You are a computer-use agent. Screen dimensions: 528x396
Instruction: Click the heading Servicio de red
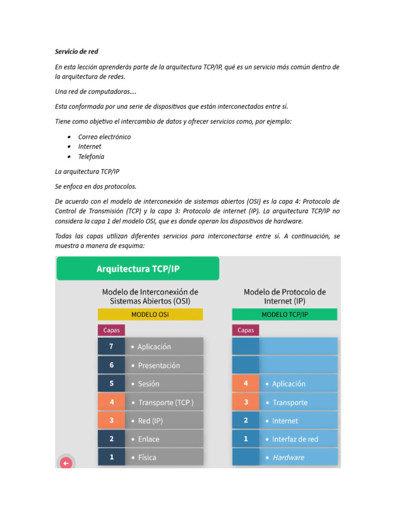pos(76,52)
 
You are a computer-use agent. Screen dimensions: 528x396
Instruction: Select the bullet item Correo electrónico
pos(104,137)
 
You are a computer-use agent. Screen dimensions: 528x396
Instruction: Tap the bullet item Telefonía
pos(91,156)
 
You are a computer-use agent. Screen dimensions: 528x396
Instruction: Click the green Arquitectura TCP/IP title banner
pos(138,269)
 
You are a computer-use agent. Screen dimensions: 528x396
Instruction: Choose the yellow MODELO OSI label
pos(150,315)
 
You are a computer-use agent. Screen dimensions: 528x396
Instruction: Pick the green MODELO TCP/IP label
pos(285,315)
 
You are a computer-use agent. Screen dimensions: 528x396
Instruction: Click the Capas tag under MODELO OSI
pos(111,330)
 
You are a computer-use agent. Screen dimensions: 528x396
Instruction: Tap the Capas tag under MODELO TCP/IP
pos(245,330)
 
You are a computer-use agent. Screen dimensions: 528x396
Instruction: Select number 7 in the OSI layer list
pos(111,346)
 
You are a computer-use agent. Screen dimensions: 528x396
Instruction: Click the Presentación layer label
pos(159,365)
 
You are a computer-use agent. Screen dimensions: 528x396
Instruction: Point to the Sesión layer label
pos(148,384)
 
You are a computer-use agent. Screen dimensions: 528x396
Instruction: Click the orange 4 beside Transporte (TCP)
pos(111,402)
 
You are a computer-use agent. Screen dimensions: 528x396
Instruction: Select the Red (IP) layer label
pos(150,421)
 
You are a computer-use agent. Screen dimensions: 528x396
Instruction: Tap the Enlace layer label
pos(148,439)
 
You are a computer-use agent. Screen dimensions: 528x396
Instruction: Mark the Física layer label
pos(147,457)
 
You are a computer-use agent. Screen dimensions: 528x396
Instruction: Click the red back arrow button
pos(66,463)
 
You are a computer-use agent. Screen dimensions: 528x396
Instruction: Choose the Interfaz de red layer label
pos(295,439)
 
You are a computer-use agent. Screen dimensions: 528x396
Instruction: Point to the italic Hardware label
pos(288,457)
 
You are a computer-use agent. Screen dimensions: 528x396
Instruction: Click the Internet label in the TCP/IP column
pos(285,421)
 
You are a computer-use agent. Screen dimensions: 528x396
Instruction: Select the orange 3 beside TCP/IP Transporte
pos(245,402)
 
